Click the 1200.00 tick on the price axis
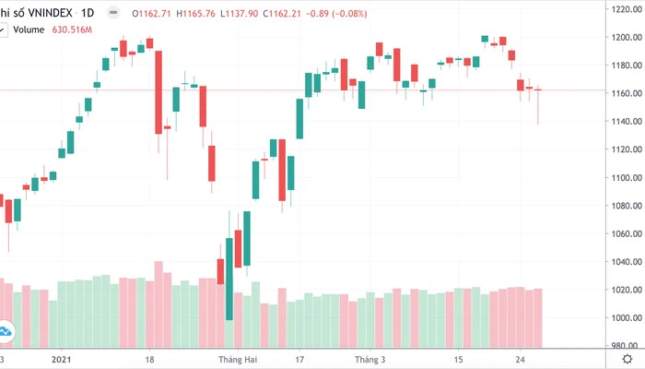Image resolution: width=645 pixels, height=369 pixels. [623, 37]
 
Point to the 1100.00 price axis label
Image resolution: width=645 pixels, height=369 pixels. [623, 177]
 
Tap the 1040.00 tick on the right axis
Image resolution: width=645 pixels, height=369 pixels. [623, 261]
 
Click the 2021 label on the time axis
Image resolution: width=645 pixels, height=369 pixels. [62, 359]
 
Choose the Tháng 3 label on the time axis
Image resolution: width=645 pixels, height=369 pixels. [370, 359]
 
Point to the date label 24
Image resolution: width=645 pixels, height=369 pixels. [522, 359]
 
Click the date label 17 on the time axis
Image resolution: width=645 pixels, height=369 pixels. [299, 359]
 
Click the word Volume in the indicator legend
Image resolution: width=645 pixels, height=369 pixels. [29, 30]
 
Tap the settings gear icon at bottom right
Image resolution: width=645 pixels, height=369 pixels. [627, 359]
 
